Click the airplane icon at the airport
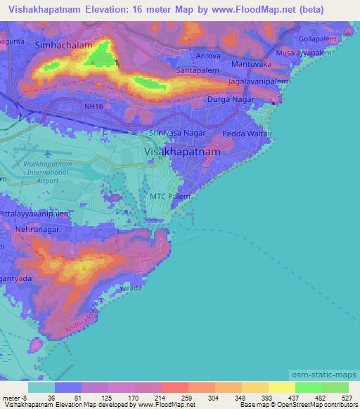tap(48, 153)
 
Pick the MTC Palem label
tap(169, 197)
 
